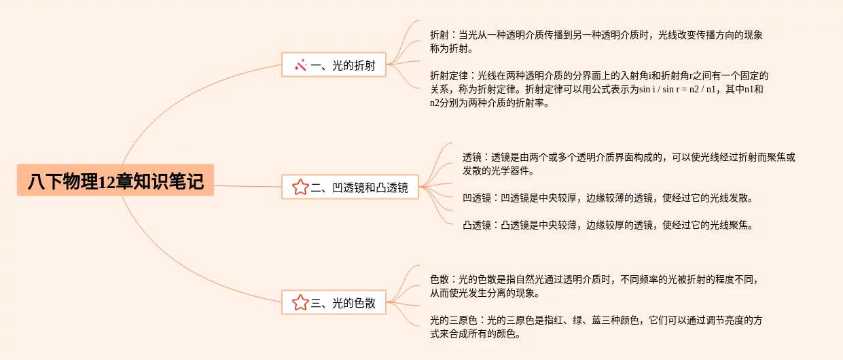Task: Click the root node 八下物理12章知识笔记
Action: coord(115,181)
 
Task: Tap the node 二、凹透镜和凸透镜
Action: coord(350,187)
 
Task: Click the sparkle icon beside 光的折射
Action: coord(300,65)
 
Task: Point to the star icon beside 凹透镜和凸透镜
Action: coord(300,187)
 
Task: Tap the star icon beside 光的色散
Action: coord(300,303)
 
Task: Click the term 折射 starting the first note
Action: coord(439,34)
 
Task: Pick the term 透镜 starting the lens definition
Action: coord(472,156)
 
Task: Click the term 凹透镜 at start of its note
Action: coord(477,198)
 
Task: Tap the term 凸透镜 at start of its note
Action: coord(477,225)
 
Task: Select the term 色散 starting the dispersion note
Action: coord(439,279)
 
